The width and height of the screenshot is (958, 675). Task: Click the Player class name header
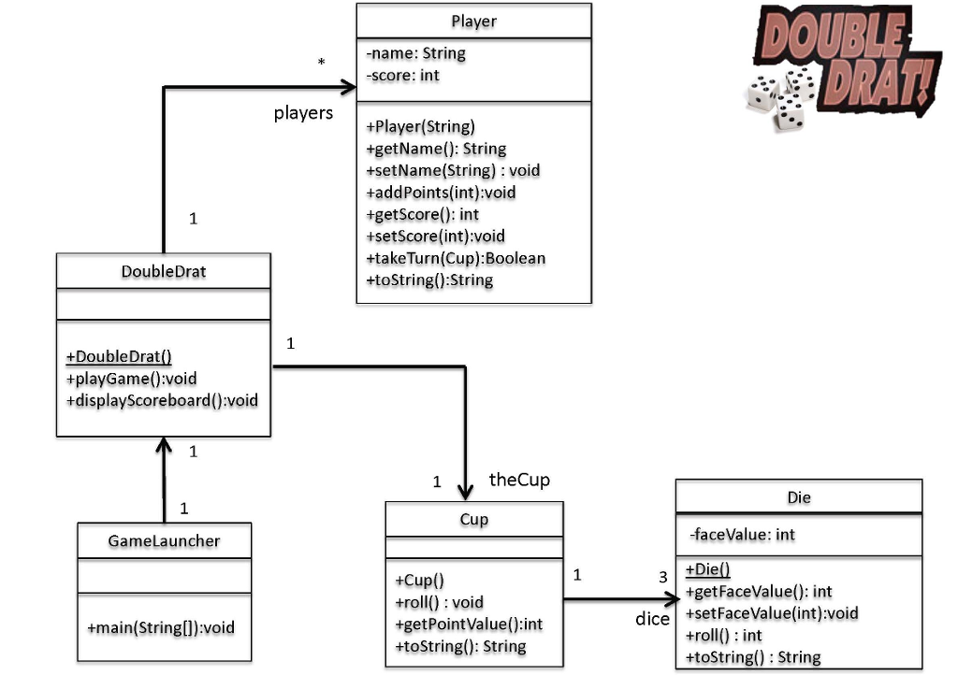473,21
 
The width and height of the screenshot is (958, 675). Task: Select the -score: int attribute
402,76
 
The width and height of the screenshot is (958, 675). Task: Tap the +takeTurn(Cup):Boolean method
456,258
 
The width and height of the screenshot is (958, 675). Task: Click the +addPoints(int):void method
441,193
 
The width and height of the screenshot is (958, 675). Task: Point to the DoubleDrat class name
164,272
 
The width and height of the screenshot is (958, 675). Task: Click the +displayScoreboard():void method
162,400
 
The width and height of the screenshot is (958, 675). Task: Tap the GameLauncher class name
164,540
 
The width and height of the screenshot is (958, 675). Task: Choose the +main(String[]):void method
160,627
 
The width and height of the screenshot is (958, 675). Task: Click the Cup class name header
473,520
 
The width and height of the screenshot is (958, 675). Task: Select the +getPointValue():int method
469,624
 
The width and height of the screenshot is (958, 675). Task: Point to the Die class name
798,497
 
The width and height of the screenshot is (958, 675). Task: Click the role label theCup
519,480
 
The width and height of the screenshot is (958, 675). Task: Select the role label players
303,113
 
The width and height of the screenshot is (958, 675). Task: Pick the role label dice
652,619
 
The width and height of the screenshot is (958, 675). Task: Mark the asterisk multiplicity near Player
322,64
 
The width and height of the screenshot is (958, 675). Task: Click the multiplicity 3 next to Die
663,577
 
